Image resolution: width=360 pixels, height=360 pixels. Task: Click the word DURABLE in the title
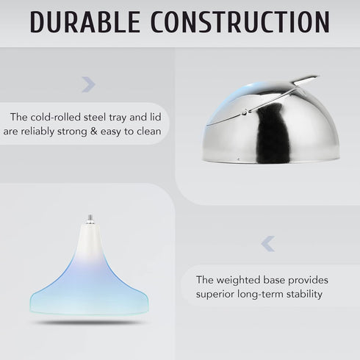pyautogui.click(x=85, y=22)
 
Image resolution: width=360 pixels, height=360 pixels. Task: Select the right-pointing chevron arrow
pyautogui.click(x=88, y=84)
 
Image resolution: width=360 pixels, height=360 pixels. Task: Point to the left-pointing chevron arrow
pyautogui.click(x=267, y=244)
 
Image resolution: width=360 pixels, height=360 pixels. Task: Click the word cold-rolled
pyautogui.click(x=56, y=117)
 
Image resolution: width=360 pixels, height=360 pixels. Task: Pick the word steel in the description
pyautogui.click(x=95, y=117)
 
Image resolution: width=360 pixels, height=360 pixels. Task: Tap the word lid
pyautogui.click(x=155, y=117)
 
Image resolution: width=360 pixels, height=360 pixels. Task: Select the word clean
pyautogui.click(x=149, y=132)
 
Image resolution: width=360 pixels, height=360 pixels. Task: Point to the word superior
pyautogui.click(x=215, y=294)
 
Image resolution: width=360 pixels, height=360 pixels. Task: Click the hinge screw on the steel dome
pyautogui.click(x=245, y=112)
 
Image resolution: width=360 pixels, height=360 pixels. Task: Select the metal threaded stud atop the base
pyautogui.click(x=90, y=218)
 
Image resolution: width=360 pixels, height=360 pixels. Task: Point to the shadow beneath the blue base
pyautogui.click(x=89, y=323)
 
